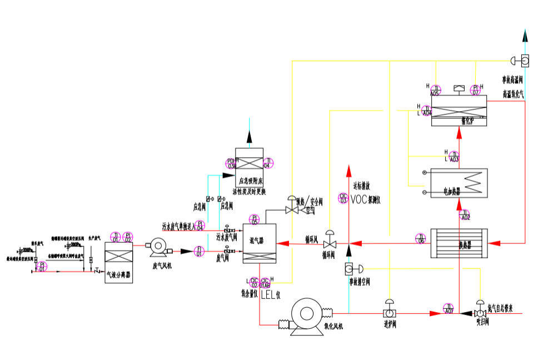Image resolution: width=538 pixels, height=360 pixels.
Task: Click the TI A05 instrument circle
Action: coord(436,89)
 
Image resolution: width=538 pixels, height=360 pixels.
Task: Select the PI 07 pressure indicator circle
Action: coord(475,89)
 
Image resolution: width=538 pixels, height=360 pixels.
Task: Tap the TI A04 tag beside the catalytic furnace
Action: coord(427,110)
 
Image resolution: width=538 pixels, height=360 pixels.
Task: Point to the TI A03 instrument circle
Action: coord(455,156)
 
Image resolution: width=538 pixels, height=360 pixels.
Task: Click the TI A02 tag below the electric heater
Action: coord(465,214)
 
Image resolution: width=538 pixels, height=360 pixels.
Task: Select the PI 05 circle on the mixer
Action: coord(255,219)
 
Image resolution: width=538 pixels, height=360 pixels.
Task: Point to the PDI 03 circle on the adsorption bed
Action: coord(232,163)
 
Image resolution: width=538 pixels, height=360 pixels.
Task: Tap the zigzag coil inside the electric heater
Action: coord(473,181)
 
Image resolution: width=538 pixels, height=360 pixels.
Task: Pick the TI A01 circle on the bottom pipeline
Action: coord(448,309)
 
